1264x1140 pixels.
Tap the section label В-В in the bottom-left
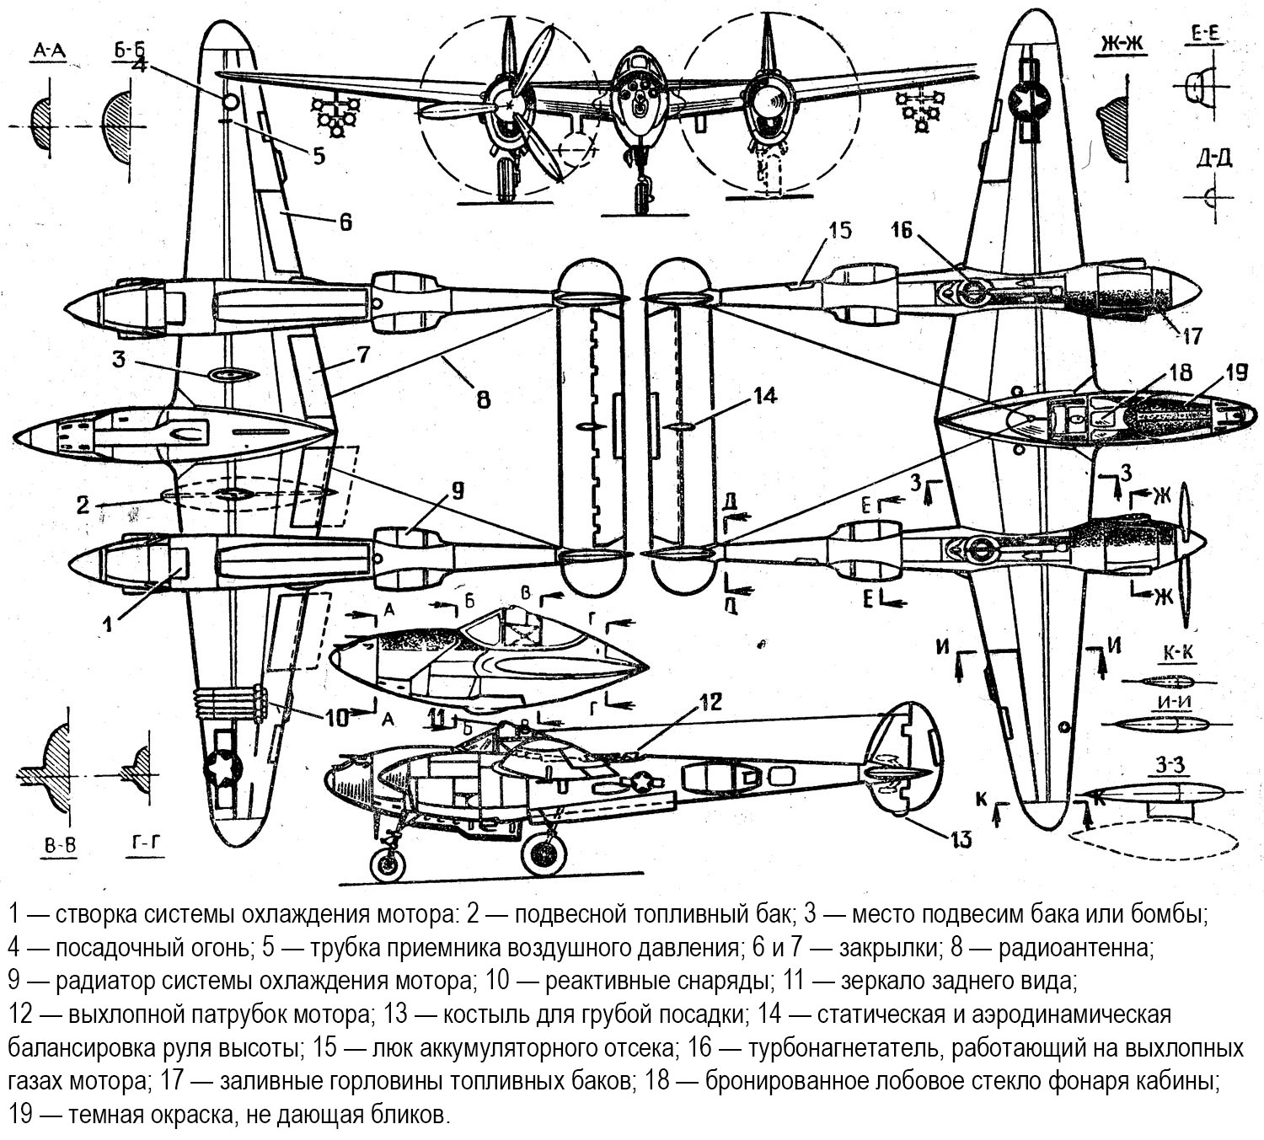[x=56, y=847]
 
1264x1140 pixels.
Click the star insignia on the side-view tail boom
[x=642, y=783]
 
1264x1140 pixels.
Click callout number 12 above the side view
[x=710, y=701]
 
